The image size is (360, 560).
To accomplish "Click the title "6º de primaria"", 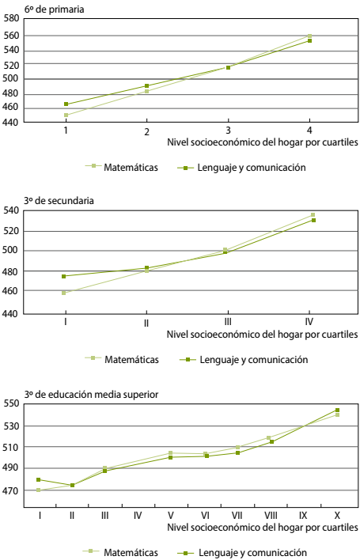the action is [x=55, y=9].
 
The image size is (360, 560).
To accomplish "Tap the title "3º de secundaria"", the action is [x=59, y=201].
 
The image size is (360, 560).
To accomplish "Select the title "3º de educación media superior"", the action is [x=92, y=395].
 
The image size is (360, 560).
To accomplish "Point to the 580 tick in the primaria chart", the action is [x=11, y=18].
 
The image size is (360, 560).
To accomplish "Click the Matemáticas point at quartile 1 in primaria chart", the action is [x=66, y=115].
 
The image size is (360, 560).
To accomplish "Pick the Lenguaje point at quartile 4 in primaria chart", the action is [x=309, y=40].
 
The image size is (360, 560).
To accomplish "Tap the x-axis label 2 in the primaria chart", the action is [x=147, y=132].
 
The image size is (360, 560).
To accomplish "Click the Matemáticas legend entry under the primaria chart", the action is [x=121, y=167].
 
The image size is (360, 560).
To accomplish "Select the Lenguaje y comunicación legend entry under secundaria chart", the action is [x=244, y=359].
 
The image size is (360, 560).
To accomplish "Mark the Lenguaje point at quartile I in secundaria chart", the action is [x=63, y=276].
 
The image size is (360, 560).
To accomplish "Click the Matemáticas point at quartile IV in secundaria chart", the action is [x=313, y=214].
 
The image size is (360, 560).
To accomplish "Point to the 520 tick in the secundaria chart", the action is [x=11, y=231].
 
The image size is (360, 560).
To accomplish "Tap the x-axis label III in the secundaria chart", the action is [x=228, y=322].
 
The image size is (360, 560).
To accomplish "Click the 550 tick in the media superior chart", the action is [x=11, y=404].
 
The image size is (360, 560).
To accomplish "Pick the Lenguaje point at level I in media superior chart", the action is [x=39, y=479].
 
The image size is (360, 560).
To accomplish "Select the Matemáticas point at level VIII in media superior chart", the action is [x=268, y=437].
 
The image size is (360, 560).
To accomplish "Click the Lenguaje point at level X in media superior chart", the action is [x=337, y=410].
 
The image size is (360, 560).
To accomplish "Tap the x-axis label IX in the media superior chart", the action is [x=303, y=516].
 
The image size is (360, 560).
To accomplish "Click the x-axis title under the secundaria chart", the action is [x=262, y=335].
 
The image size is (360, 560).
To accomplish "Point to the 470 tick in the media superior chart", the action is [x=11, y=491].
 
